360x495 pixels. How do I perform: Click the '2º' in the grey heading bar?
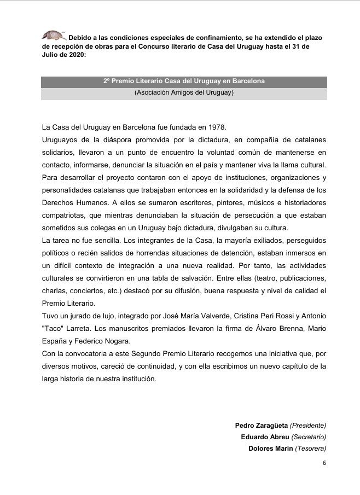click(107, 81)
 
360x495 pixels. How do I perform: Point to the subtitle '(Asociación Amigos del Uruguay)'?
click(184, 92)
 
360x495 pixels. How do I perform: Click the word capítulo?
click(295, 365)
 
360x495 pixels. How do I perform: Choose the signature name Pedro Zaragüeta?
click(261, 425)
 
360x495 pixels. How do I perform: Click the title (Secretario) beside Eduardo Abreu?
click(309, 437)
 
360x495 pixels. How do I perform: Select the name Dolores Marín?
click(270, 449)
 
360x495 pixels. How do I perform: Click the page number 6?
click(324, 463)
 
